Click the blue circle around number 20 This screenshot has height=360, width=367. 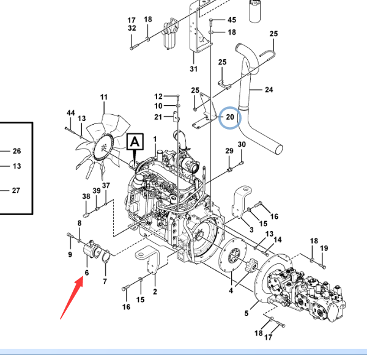coord(230,116)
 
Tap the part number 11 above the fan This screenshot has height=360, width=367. coord(104,97)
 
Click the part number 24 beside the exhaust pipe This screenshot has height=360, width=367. coord(269,90)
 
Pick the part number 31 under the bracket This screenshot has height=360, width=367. coord(194,68)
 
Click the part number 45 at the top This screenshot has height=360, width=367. coord(232,20)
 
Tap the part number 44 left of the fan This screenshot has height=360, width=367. coord(71,114)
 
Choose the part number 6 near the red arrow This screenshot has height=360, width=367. coord(87,273)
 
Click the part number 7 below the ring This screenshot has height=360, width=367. coord(105,281)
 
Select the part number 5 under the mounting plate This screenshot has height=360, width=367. coord(247,314)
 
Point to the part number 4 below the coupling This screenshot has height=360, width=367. coord(231,291)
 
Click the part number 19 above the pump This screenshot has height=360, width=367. coord(324,248)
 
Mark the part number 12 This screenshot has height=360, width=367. coord(158,97)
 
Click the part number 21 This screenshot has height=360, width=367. coord(158,117)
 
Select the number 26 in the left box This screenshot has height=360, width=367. coord(17,151)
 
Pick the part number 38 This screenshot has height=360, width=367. coord(86,196)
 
